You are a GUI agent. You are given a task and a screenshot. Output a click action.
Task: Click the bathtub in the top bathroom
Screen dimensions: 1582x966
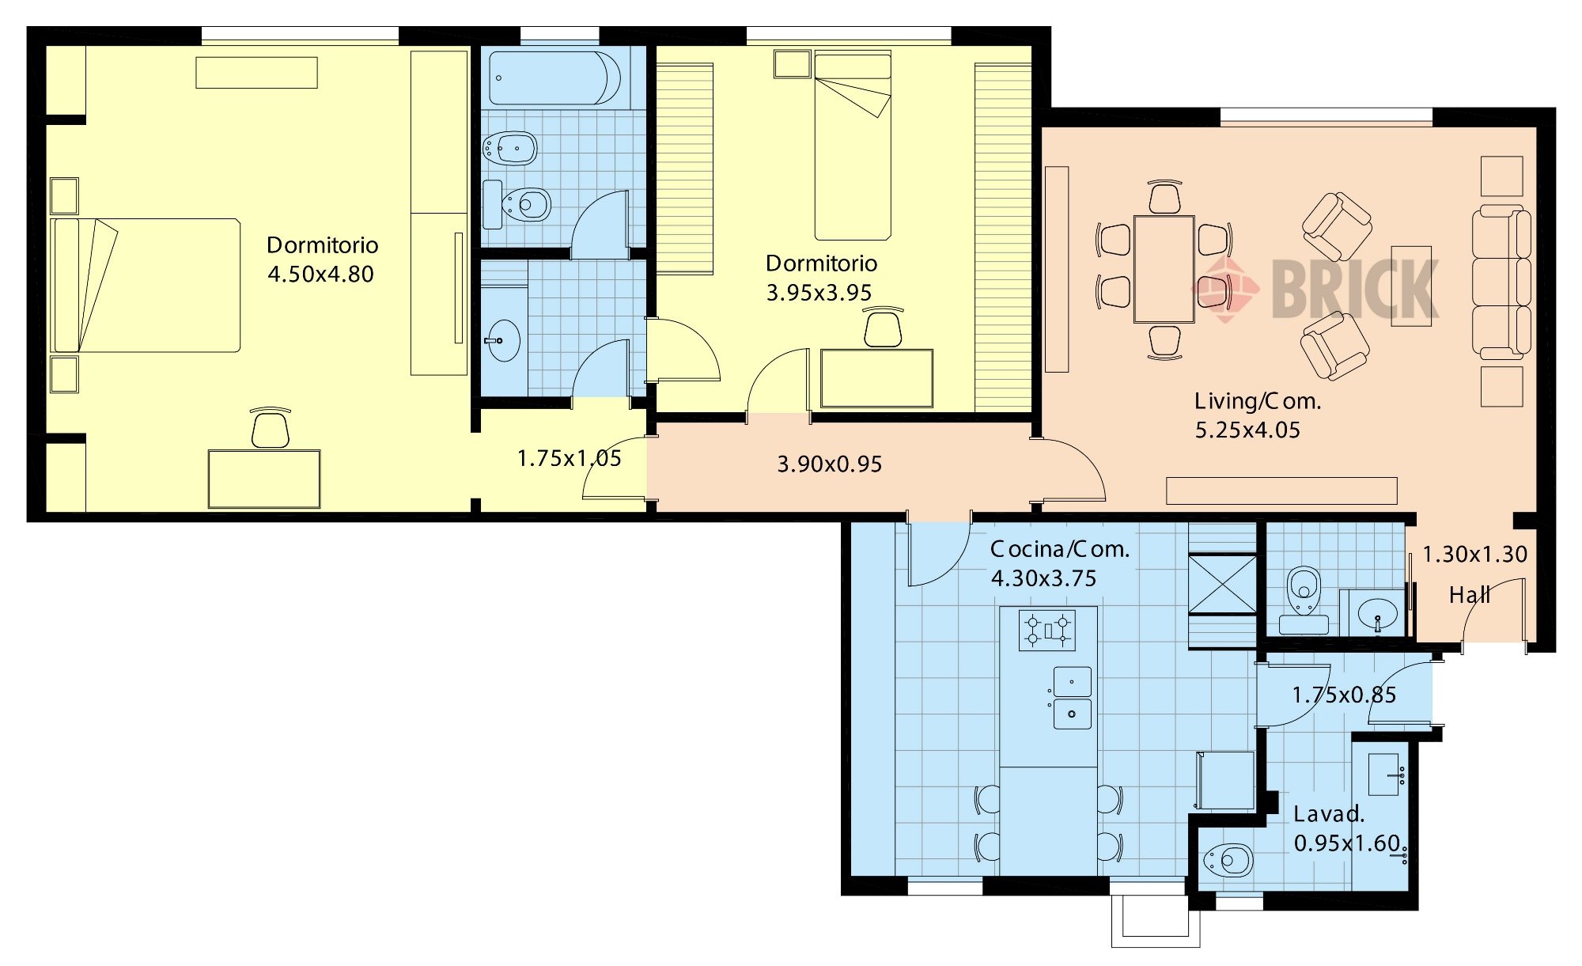click(x=554, y=78)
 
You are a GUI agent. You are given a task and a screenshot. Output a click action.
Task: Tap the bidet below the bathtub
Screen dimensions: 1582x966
click(x=511, y=148)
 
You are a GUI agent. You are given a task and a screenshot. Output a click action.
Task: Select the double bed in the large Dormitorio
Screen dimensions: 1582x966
click(x=146, y=286)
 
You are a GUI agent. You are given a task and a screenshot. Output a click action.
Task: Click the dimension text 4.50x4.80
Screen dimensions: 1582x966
click(x=320, y=275)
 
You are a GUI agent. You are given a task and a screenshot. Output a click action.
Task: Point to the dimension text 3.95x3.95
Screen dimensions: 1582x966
click(x=819, y=293)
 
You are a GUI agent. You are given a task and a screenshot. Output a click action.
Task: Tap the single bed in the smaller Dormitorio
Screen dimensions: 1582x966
click(x=853, y=146)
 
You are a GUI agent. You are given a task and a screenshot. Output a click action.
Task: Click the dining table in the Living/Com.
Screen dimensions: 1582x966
click(x=1164, y=269)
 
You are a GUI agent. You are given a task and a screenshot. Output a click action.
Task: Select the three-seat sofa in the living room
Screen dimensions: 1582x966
click(x=1501, y=281)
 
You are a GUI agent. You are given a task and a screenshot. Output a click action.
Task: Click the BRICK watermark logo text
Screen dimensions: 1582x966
click(x=1355, y=290)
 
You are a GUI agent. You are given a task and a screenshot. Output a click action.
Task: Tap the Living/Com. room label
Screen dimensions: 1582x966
click(x=1258, y=401)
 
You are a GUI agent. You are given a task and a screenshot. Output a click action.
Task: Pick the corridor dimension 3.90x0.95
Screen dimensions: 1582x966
click(x=830, y=464)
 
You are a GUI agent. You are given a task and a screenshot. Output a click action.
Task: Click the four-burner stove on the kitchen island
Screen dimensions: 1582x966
click(x=1047, y=631)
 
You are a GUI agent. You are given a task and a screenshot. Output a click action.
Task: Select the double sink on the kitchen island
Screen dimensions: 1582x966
click(x=1072, y=698)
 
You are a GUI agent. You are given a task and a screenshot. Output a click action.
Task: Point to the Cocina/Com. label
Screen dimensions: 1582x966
click(x=1060, y=549)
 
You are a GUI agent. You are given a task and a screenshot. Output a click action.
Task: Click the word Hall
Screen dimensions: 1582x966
click(x=1470, y=595)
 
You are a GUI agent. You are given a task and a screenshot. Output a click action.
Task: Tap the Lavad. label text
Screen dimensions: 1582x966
click(x=1329, y=814)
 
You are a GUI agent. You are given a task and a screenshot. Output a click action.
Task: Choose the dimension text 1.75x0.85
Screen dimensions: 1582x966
click(x=1344, y=695)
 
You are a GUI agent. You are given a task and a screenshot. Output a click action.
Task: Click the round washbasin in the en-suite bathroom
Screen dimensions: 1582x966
click(x=503, y=341)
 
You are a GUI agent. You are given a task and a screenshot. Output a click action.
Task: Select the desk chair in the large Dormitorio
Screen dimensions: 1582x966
click(x=270, y=429)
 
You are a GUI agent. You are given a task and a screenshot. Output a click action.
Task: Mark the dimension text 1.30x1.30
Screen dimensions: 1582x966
click(x=1474, y=555)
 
